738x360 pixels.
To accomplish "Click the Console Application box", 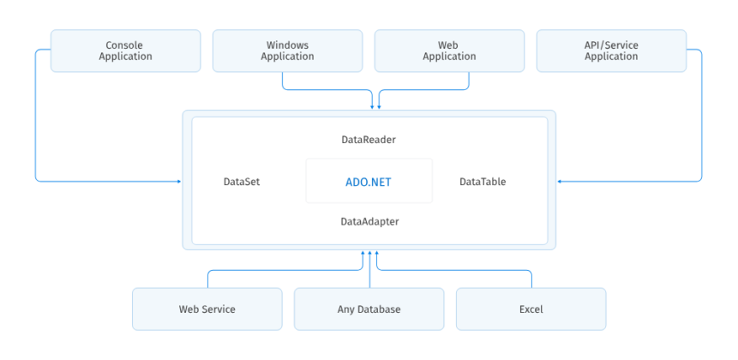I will tap(125, 51).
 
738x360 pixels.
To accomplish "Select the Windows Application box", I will tap(287, 51).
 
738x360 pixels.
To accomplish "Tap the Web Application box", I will tap(449, 51).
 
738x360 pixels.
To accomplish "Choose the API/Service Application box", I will tap(611, 51).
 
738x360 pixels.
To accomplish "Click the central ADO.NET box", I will tap(369, 182).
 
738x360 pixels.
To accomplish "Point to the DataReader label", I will tap(369, 139).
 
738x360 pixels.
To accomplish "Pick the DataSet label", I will tap(242, 182).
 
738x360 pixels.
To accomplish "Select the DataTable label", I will tap(483, 182).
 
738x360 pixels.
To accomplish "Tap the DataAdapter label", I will tap(369, 221).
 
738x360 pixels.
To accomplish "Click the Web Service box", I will tap(207, 309).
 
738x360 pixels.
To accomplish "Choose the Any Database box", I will tap(369, 309).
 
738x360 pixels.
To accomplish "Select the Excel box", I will tap(531, 309).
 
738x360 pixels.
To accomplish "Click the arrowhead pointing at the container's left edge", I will tap(178, 181).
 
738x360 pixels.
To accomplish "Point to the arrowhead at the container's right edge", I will tap(560, 181).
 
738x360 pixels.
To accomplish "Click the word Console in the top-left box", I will tap(125, 45).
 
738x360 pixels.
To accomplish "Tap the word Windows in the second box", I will tap(287, 45).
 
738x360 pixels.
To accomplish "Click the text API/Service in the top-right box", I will tap(611, 45).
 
